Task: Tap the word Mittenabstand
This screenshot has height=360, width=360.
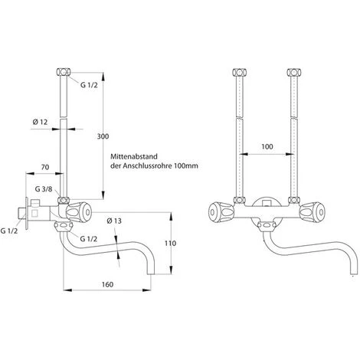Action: (x=137, y=156)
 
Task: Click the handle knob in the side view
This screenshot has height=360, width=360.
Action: (x=78, y=208)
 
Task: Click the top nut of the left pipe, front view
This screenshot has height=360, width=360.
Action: (x=237, y=74)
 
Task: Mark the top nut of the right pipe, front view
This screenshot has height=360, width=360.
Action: (x=293, y=74)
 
